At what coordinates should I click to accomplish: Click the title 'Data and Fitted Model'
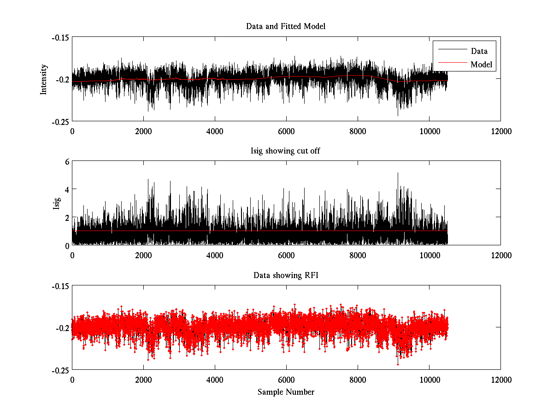(x=286, y=26)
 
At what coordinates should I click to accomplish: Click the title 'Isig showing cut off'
(x=286, y=151)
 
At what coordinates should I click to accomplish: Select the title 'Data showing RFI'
(x=286, y=275)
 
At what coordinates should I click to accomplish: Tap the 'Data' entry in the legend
(x=479, y=51)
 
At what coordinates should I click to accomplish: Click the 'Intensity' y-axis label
(x=44, y=79)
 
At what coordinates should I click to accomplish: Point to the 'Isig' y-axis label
(x=57, y=203)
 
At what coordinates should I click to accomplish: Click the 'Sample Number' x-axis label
(x=286, y=392)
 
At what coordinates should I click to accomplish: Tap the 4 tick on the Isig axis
(x=67, y=190)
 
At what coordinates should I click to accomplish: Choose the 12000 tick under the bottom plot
(x=500, y=380)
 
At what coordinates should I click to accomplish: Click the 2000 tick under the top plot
(x=143, y=131)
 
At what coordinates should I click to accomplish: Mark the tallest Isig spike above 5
(x=398, y=173)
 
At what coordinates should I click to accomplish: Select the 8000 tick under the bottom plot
(x=358, y=380)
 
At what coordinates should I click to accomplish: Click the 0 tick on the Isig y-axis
(x=67, y=245)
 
